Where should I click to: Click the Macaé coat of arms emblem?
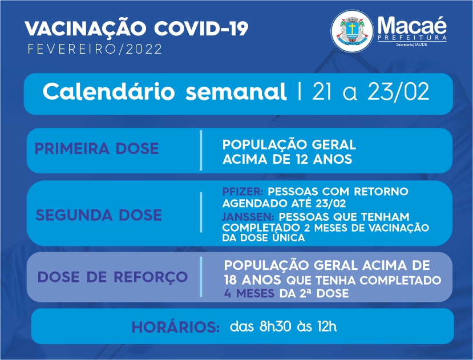click(x=352, y=31)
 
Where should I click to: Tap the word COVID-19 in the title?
click(x=201, y=29)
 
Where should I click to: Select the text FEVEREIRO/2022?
click(x=95, y=49)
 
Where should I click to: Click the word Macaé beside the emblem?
click(x=412, y=25)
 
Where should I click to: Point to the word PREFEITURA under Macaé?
click(x=412, y=38)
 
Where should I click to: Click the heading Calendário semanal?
click(x=164, y=91)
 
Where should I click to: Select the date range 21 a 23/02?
click(x=370, y=91)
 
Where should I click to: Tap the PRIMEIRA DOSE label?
click(x=96, y=148)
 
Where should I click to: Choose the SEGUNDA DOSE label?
click(x=99, y=215)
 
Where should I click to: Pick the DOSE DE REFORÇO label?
click(x=112, y=278)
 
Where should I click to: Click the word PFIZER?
click(x=242, y=191)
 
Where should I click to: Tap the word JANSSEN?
click(x=248, y=217)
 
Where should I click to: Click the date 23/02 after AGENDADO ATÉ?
click(x=330, y=203)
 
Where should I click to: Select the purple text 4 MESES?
click(x=249, y=293)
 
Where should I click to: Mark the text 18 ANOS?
click(x=252, y=280)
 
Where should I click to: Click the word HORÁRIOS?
click(x=176, y=327)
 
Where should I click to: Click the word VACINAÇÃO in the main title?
click(x=86, y=28)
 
